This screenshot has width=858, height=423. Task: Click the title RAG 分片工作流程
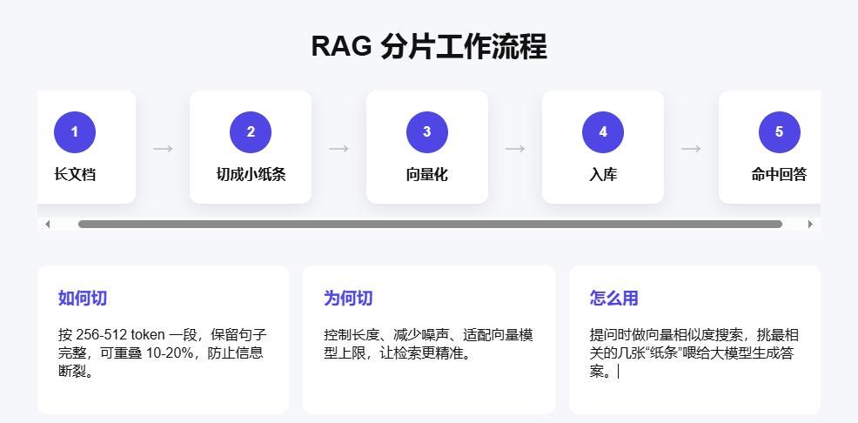coord(429,46)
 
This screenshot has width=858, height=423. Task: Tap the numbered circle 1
coord(75,132)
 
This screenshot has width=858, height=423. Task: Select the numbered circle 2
coord(251,132)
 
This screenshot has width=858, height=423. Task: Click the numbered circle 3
coord(426,132)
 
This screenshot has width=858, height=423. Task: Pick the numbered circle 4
coord(603,132)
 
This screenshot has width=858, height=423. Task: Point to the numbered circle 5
coord(779,132)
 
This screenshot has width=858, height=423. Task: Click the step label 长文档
coord(75,175)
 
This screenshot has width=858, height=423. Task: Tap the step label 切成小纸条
coord(251,175)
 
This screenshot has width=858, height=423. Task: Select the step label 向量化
coord(426,175)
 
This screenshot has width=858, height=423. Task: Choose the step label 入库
coord(603,175)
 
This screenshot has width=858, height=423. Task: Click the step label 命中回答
coord(779,175)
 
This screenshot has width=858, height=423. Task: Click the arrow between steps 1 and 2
coord(163,148)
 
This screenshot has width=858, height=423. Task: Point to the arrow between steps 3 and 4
coord(515,148)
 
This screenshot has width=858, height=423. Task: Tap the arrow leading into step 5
coord(691,148)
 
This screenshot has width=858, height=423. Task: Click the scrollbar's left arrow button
coord(48,224)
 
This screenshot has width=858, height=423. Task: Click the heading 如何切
coord(83,299)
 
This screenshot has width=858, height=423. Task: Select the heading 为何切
coord(348,299)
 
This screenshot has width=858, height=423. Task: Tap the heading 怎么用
coord(614,299)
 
